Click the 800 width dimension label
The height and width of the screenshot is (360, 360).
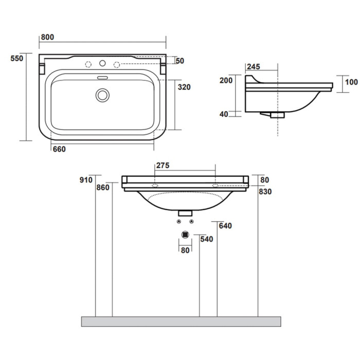(x=47, y=37)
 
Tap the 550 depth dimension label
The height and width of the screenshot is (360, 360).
(x=17, y=58)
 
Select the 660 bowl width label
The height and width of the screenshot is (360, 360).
(x=59, y=149)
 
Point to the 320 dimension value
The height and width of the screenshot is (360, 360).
(x=184, y=87)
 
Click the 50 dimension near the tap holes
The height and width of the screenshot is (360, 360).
(x=180, y=61)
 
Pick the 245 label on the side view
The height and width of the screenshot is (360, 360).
(x=254, y=66)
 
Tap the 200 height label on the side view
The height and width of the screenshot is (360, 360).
(x=226, y=81)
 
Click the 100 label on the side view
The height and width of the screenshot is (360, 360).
(x=351, y=82)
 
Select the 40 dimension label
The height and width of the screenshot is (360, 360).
(x=224, y=114)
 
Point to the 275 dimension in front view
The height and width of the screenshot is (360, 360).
(x=163, y=165)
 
